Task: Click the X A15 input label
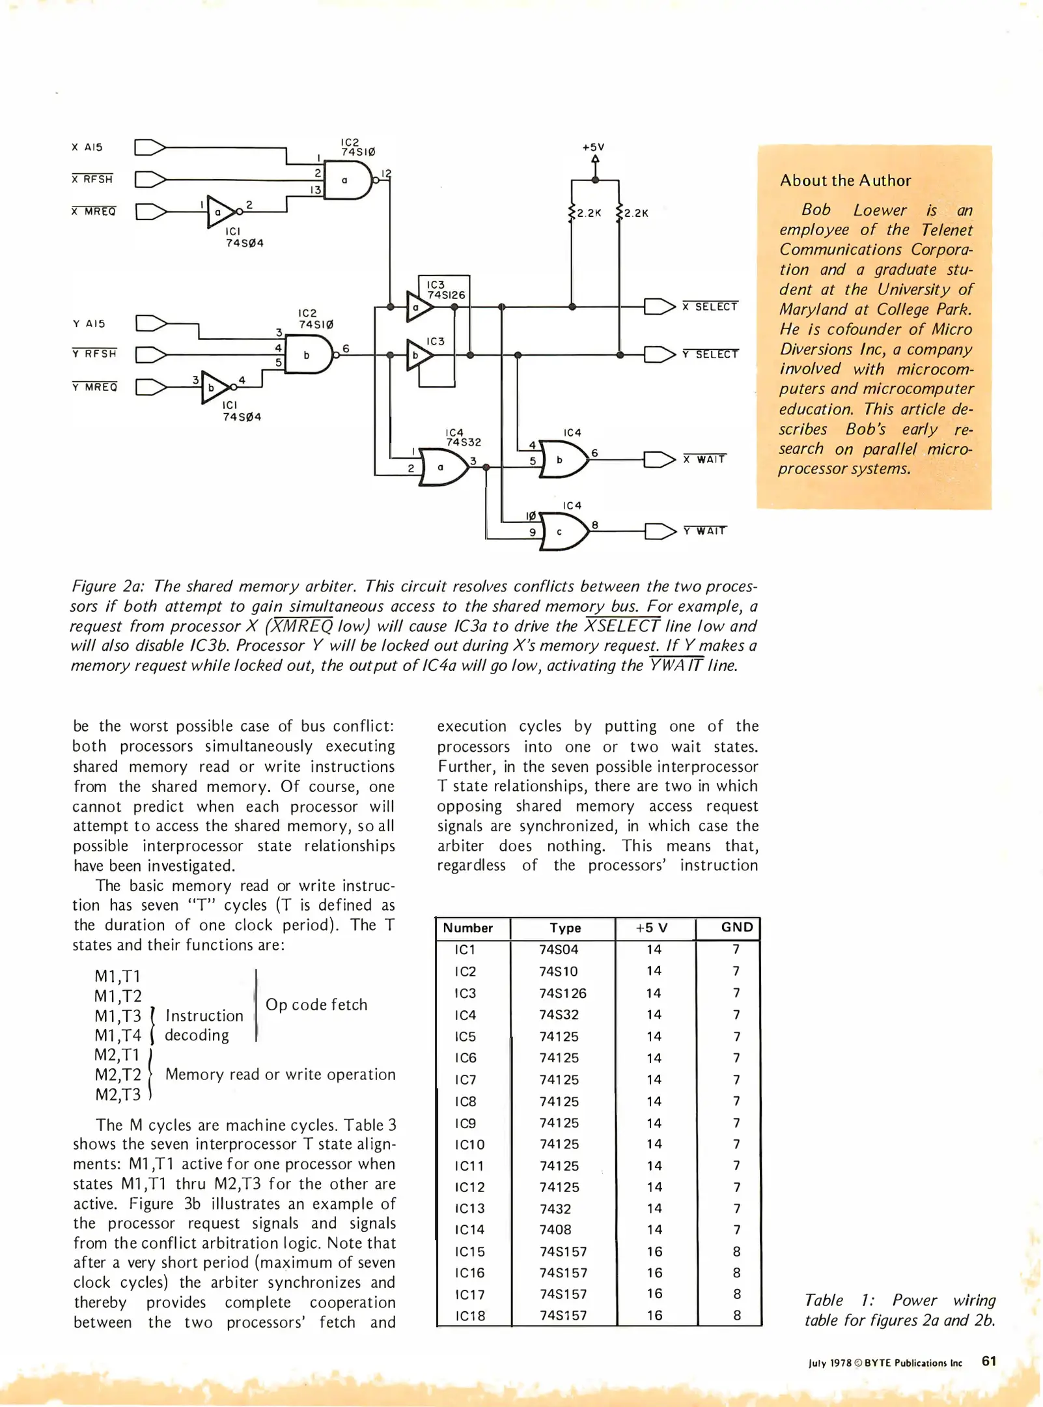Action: pos(87,147)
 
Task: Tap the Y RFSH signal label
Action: pos(94,354)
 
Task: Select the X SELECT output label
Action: pos(710,306)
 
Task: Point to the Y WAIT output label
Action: pos(704,531)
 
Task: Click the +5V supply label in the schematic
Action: pos(593,147)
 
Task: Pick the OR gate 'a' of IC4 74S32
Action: pos(443,467)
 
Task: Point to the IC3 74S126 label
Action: pos(445,290)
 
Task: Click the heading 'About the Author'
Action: pos(845,180)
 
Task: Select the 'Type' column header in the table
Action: pos(564,928)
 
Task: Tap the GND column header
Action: pos(736,927)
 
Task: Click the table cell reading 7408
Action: pos(555,1229)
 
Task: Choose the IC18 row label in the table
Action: pos(469,1315)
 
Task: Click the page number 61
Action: pos(988,1361)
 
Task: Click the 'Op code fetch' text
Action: pos(316,1004)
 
